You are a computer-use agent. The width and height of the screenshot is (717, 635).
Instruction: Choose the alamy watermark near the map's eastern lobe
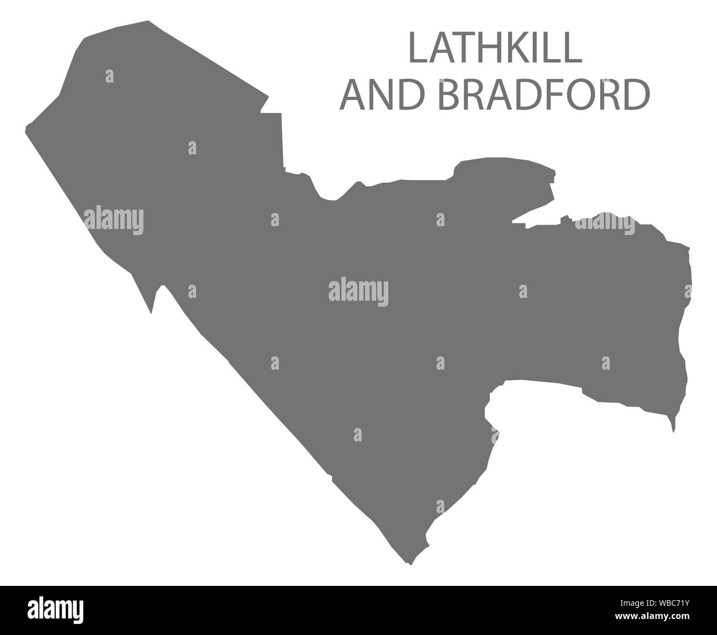[604, 225]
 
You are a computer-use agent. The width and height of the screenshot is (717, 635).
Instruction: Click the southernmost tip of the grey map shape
[409, 564]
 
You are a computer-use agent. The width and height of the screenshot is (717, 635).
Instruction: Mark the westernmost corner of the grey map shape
[27, 130]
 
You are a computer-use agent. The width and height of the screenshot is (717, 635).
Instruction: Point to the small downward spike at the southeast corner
[673, 428]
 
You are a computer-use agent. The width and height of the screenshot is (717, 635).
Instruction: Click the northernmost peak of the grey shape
[148, 22]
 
